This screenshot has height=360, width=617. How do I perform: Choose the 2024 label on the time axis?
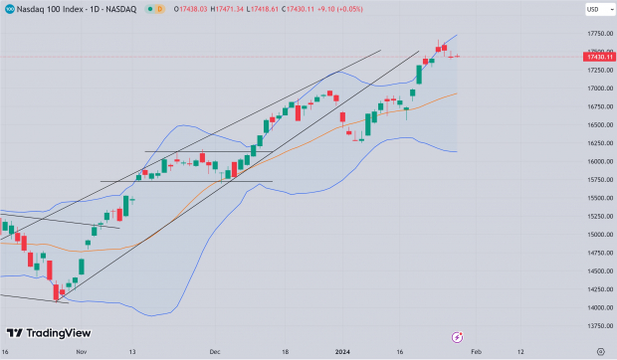tap(342, 351)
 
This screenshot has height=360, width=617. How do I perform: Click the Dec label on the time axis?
tap(214, 351)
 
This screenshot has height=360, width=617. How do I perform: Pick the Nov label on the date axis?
tap(82, 351)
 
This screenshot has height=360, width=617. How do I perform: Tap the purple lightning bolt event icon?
tap(458, 336)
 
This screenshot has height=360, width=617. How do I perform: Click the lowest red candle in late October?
tap(58, 291)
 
